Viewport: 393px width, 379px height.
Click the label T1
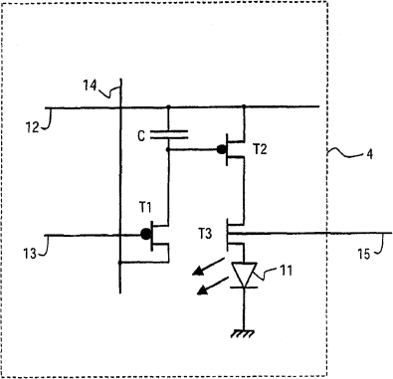click(x=145, y=208)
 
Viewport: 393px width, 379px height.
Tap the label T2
click(x=260, y=149)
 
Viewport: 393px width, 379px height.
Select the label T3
click(x=205, y=234)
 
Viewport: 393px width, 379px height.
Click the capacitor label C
click(x=141, y=136)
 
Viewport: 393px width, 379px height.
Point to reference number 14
click(x=90, y=86)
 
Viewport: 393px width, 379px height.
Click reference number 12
click(x=33, y=127)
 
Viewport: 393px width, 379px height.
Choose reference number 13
click(x=30, y=254)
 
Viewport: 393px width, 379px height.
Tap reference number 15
click(x=363, y=255)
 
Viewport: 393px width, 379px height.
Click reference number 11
click(x=287, y=271)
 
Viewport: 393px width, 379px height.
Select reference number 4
click(x=369, y=154)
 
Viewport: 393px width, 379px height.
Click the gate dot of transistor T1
click(x=145, y=234)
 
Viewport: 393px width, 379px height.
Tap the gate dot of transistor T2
click(x=221, y=150)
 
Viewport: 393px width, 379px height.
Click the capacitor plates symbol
click(x=169, y=135)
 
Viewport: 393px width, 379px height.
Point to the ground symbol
click(x=244, y=333)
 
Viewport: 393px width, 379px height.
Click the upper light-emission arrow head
click(x=198, y=272)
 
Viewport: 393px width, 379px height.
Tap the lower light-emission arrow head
click(x=202, y=290)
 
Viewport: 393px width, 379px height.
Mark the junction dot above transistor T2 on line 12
click(x=244, y=106)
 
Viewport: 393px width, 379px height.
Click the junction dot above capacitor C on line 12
click(x=168, y=106)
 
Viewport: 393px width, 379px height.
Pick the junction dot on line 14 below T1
click(x=120, y=263)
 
